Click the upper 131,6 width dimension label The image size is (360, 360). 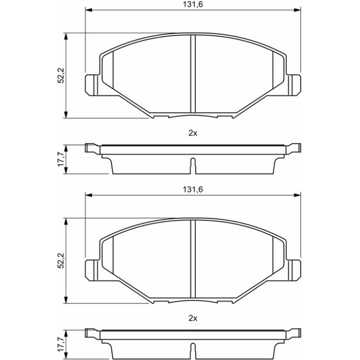193,4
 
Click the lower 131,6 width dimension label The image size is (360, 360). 193,189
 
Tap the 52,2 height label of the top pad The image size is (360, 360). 61,75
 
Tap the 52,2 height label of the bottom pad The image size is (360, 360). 61,260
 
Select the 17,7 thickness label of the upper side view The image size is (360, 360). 61,159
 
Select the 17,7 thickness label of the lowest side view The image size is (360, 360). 61,345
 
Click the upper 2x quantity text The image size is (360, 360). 193,133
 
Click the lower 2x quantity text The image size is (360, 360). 193,318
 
